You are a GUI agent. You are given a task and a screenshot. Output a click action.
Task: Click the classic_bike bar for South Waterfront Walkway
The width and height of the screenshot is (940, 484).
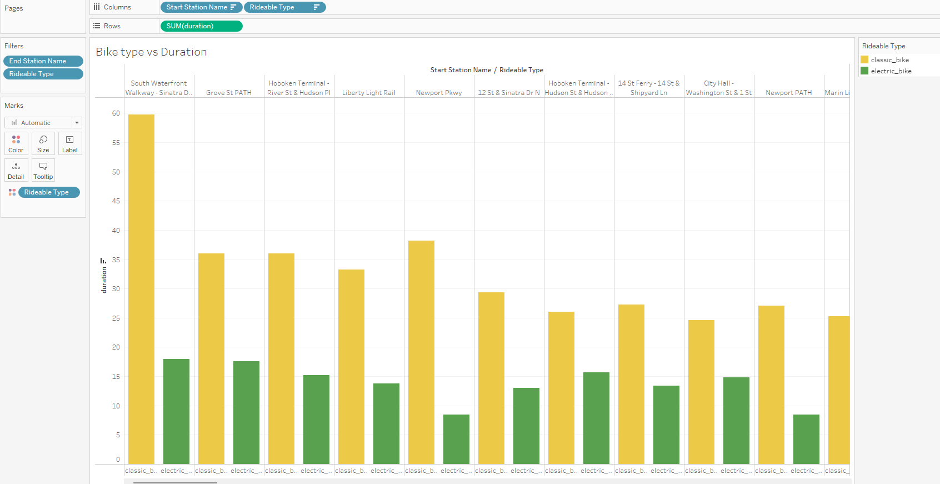141,289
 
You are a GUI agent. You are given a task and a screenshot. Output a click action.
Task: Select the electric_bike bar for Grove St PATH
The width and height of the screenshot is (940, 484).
246,412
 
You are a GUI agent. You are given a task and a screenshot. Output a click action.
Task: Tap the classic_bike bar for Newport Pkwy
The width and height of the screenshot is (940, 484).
421,352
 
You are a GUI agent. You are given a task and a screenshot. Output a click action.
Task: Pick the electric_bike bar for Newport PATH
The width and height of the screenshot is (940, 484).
806,439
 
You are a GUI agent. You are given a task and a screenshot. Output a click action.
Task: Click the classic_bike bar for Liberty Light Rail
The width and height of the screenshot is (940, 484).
351,367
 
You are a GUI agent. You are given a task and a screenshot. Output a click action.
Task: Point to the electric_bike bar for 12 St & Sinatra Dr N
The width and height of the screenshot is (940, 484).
526,426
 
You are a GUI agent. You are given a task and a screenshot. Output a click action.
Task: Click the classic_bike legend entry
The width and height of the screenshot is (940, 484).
889,60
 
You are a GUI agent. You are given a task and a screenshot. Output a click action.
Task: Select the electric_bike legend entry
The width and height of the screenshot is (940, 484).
891,71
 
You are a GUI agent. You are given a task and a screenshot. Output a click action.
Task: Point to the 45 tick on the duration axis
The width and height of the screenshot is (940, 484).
116,201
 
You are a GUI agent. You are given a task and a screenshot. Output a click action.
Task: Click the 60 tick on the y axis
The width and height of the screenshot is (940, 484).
116,113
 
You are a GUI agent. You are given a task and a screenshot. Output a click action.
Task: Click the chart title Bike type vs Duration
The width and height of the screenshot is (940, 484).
151,52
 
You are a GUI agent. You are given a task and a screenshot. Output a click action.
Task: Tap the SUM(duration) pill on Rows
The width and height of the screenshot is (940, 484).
201,26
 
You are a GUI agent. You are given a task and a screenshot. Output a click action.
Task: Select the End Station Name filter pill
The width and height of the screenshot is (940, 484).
43,61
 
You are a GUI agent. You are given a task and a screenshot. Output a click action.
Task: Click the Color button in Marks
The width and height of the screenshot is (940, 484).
16,143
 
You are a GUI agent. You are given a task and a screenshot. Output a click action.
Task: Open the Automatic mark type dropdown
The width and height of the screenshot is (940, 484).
43,123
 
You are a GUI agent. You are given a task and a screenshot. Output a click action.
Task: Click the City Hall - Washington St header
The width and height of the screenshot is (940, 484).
719,88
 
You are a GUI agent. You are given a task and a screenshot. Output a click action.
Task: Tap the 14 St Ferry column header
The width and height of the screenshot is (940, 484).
648,88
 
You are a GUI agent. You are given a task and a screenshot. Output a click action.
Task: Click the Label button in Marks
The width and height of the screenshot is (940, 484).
70,143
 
